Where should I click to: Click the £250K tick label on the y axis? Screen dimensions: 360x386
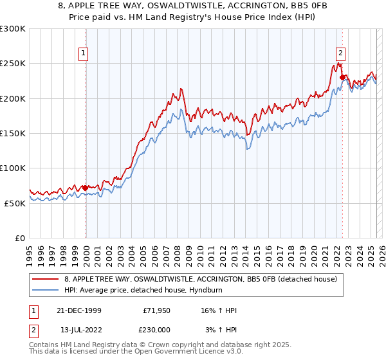(x=13, y=64)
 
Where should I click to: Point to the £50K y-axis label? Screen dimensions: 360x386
(x=15, y=203)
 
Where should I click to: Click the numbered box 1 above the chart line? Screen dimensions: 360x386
(x=84, y=53)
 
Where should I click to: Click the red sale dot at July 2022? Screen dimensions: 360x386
(x=342, y=78)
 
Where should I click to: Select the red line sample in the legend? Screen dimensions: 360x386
(x=46, y=279)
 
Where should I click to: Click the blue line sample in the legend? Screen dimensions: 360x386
(x=46, y=289)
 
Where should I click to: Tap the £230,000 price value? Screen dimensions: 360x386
(x=157, y=328)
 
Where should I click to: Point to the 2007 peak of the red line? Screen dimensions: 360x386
(x=181, y=88)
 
